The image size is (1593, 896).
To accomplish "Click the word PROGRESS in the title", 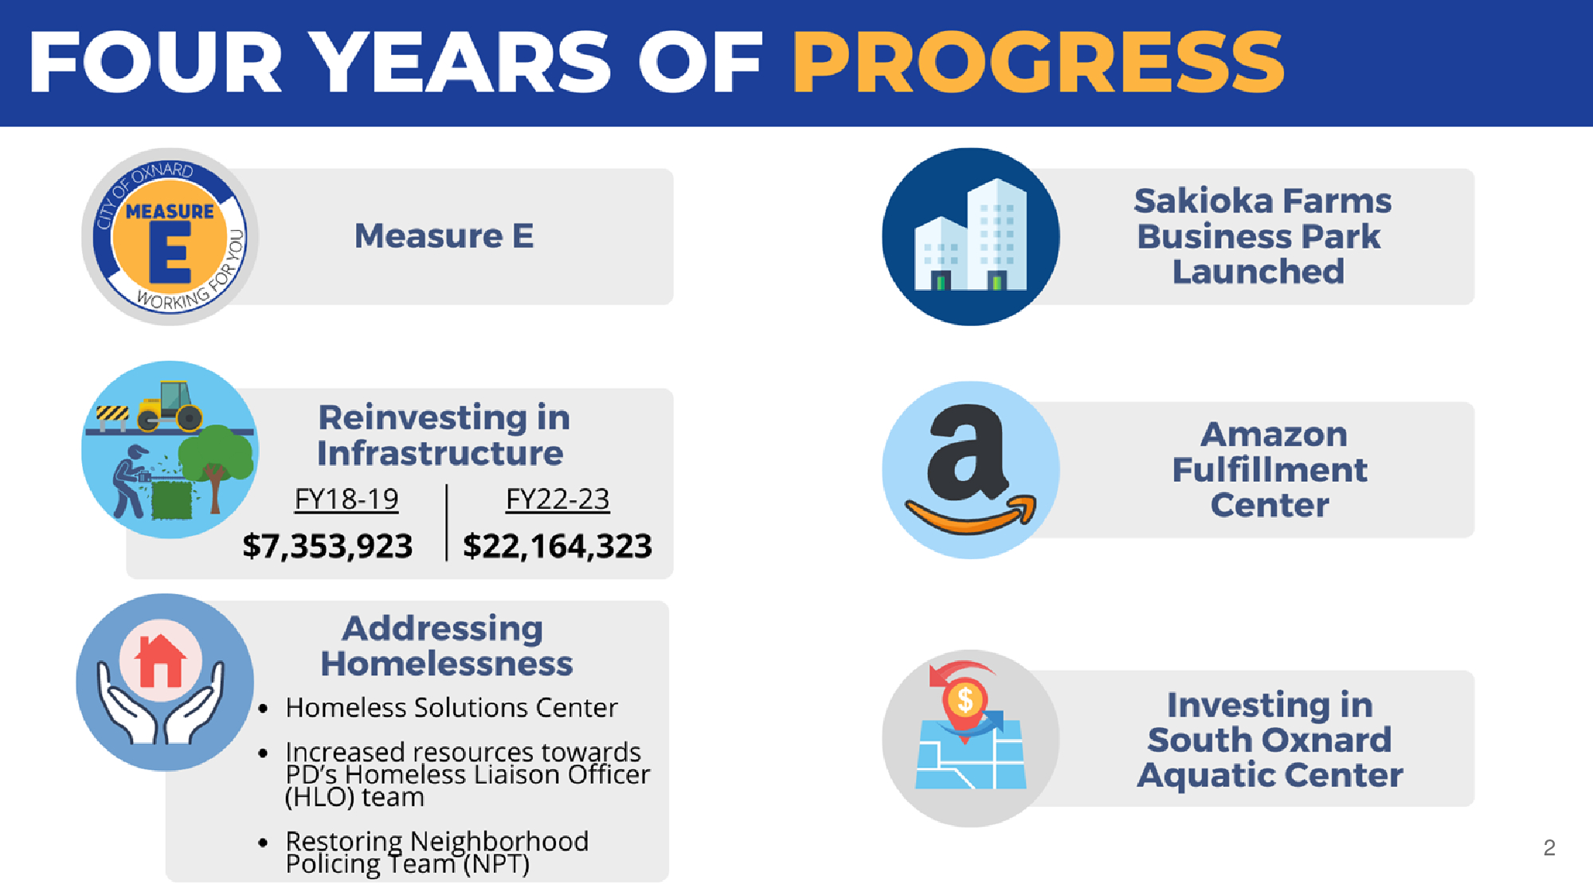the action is (1038, 62).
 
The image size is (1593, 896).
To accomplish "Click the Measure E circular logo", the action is (170, 237).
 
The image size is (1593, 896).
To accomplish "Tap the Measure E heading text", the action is (444, 236).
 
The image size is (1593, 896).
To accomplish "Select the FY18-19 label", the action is (346, 499).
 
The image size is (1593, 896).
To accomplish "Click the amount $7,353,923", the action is (327, 546).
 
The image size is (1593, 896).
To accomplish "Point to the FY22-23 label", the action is (558, 499).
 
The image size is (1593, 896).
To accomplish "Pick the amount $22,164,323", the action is (558, 546).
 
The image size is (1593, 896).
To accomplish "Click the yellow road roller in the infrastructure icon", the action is (170, 406).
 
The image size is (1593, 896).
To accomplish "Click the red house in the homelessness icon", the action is (160, 660).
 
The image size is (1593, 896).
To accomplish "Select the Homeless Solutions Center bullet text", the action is (451, 707).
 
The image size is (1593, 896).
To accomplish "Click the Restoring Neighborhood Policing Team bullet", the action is (436, 852).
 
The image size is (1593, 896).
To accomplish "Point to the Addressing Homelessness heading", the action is (445, 646).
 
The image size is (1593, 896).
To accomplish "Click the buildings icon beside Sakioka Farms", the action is (971, 236).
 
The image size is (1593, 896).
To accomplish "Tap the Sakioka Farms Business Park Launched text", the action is (1262, 237).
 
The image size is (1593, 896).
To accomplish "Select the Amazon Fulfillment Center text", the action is (1270, 470).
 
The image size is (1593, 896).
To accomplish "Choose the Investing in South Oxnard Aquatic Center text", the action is (1270, 740).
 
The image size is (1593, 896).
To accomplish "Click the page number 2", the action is (1549, 847).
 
